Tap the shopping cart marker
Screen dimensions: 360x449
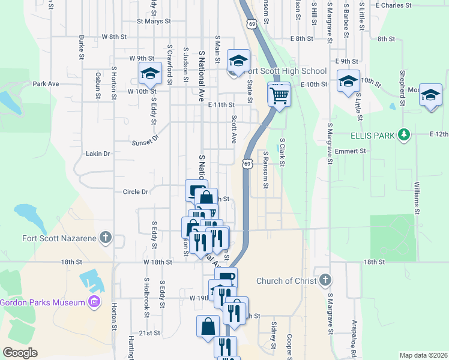click(279, 95)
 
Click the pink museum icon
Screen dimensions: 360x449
click(93, 301)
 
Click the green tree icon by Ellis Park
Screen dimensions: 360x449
click(405, 134)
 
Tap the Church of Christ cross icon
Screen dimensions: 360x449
click(325, 280)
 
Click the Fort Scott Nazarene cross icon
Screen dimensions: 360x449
click(106, 238)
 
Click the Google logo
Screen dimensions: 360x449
click(20, 353)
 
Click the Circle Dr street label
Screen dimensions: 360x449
click(135, 192)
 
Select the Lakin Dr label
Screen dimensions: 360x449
click(98, 154)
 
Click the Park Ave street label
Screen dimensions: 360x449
click(46, 84)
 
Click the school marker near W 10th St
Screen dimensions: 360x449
click(149, 74)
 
